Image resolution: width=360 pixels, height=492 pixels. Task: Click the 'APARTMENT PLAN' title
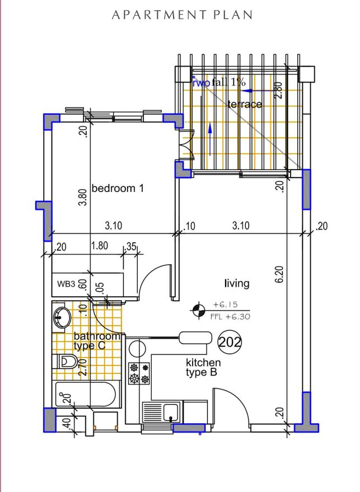(182, 15)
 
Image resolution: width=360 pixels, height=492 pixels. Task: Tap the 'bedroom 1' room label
(118, 189)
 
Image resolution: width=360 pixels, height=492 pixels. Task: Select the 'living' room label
(237, 284)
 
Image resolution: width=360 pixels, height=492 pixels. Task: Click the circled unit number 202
(229, 342)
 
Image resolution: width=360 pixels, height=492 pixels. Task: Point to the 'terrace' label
(245, 104)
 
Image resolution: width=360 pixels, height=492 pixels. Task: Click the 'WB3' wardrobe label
(66, 284)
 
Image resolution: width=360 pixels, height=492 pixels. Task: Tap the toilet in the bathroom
(66, 362)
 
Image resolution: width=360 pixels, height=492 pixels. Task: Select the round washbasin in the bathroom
(61, 318)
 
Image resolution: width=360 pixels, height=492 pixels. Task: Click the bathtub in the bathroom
(87, 395)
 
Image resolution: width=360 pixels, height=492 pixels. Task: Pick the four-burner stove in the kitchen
(139, 373)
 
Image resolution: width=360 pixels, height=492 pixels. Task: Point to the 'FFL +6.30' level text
(230, 317)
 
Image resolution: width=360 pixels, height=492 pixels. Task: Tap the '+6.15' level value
(226, 305)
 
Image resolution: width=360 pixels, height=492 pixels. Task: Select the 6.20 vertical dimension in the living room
(279, 273)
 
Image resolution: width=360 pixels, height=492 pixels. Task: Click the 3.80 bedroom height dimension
(83, 197)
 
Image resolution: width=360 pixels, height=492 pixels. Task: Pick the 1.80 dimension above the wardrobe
(99, 245)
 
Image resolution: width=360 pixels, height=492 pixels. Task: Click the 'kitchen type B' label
(203, 367)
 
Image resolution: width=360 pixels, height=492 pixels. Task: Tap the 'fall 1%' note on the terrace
(228, 82)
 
